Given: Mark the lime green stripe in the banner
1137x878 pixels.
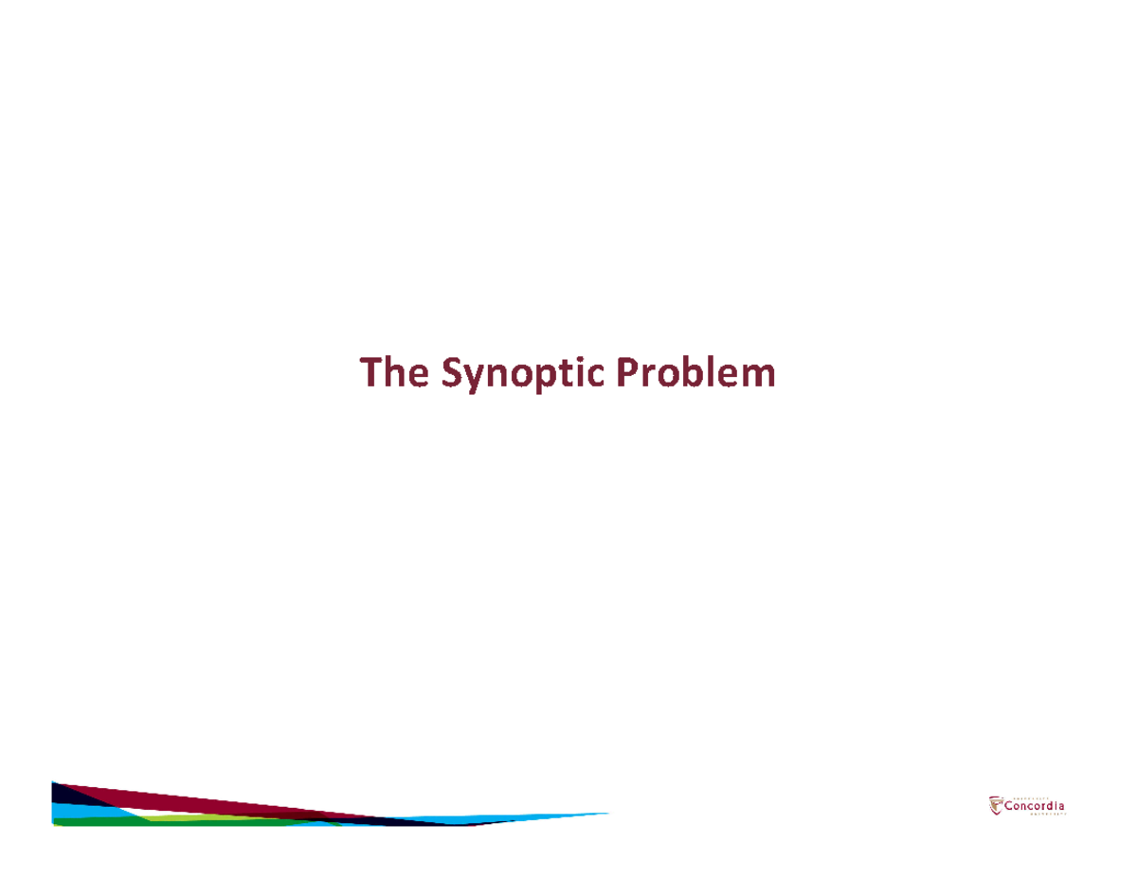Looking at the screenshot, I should click(218, 816).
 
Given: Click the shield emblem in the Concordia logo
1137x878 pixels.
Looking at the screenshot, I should click(995, 804).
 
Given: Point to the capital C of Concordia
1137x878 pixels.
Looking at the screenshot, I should click(1008, 806).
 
